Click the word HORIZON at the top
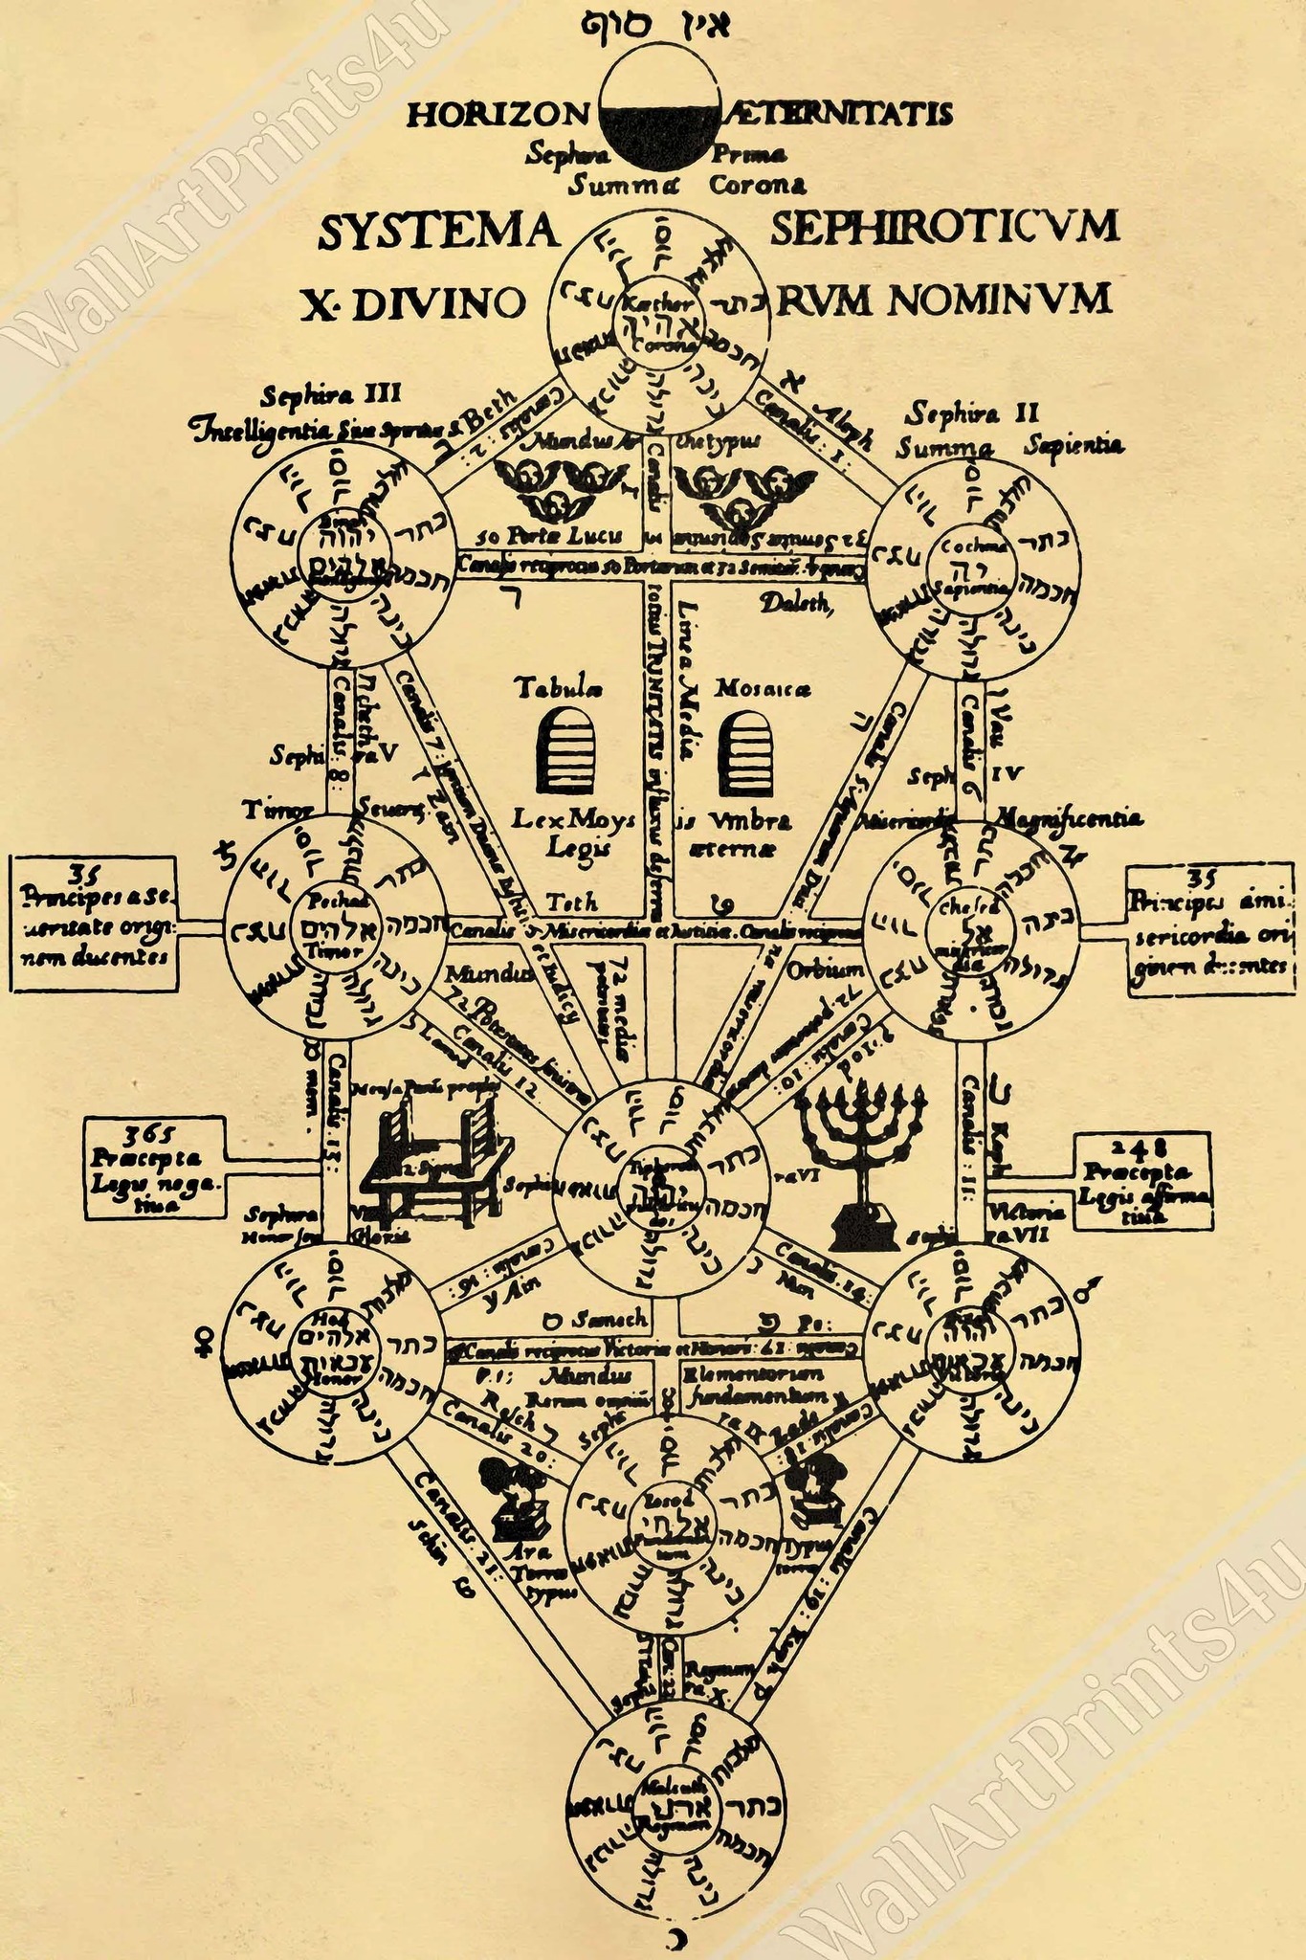(496, 114)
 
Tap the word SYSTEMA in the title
(436, 231)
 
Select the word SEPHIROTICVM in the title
(942, 229)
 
